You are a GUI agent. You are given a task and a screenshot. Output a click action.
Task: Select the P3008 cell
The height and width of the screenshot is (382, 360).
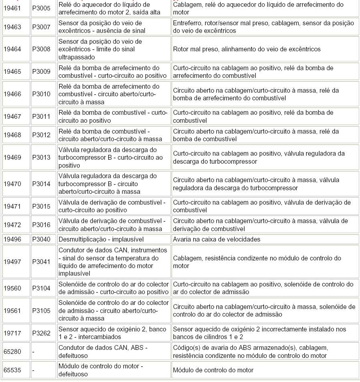(41, 49)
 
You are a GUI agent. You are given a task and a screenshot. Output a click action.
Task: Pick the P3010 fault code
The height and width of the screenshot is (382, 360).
(41, 94)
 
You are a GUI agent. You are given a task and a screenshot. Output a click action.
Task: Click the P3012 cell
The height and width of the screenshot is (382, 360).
(41, 135)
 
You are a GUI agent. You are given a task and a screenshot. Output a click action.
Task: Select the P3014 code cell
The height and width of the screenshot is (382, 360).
(41, 184)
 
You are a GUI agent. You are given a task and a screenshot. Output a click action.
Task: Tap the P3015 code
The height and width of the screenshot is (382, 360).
(41, 206)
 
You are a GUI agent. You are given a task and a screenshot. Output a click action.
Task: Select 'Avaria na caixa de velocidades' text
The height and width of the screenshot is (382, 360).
(216, 239)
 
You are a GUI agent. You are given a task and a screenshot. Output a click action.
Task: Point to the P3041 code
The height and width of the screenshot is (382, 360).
(41, 262)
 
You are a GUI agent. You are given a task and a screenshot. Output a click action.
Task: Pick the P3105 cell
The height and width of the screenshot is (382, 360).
(41, 311)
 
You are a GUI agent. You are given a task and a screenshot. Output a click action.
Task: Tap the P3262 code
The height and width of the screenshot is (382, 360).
(41, 333)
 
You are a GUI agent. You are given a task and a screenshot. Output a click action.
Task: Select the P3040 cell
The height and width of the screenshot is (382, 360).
(41, 239)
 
